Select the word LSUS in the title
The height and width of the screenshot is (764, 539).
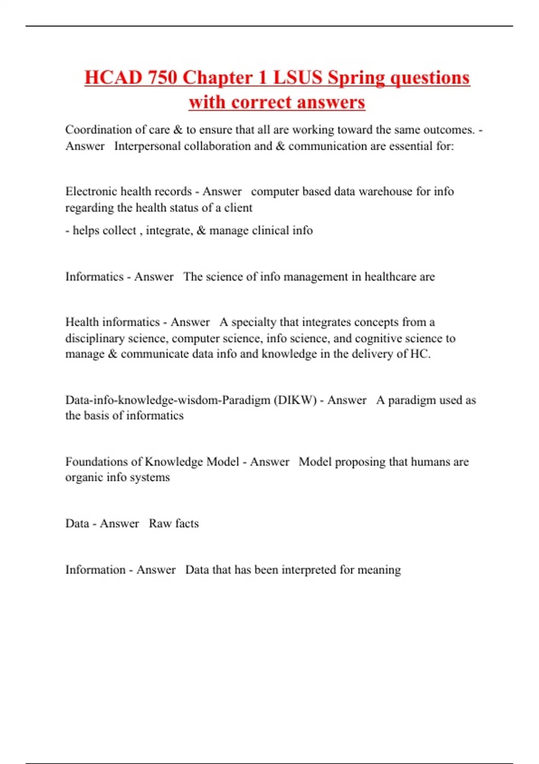pyautogui.click(x=298, y=77)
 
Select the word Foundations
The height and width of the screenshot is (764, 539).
pyautogui.click(x=96, y=462)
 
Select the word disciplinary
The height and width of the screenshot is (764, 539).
pyautogui.click(x=95, y=338)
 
